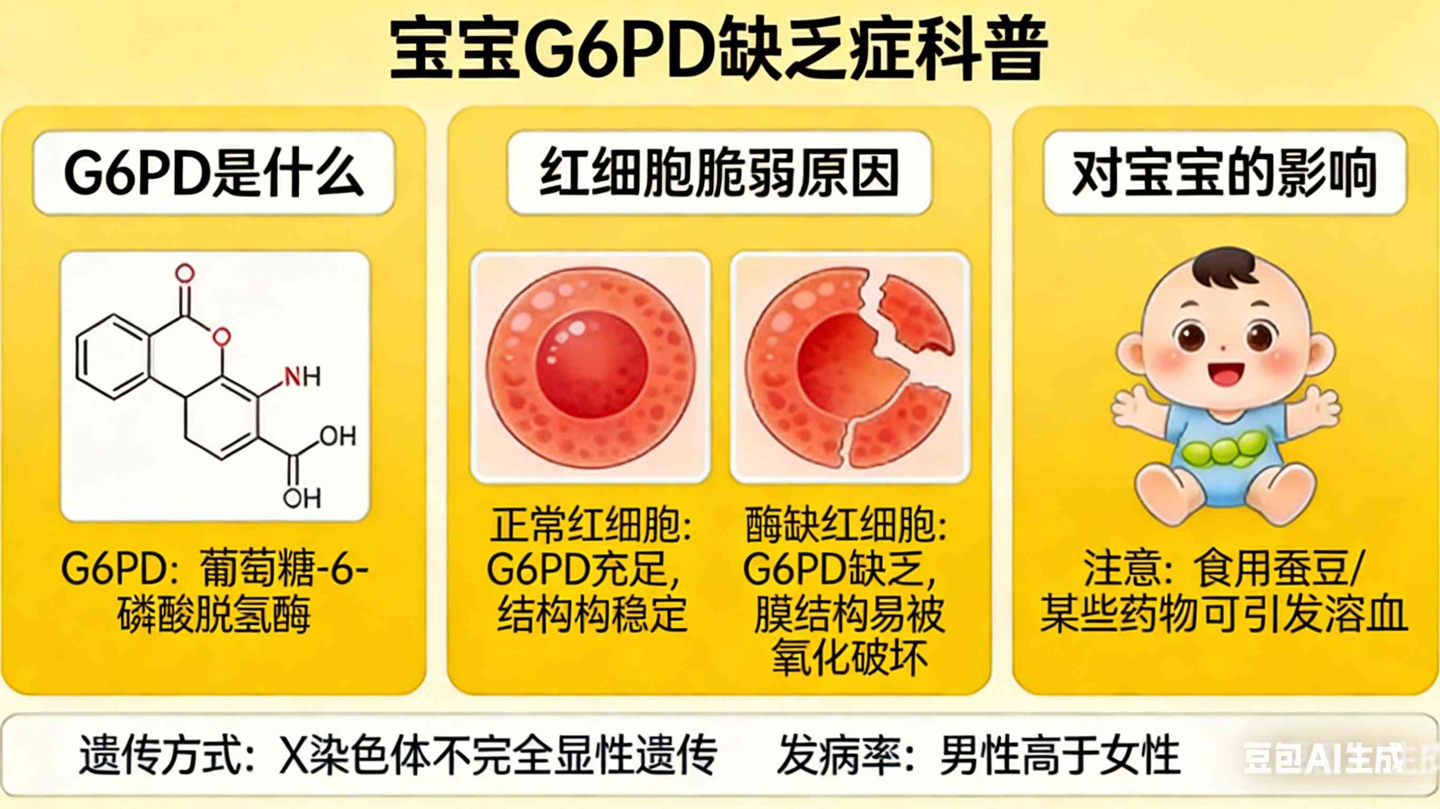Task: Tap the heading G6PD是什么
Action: coord(214,173)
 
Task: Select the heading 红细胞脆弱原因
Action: coord(719,173)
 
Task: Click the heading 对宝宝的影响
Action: coord(1224,173)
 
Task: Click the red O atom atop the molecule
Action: coord(185,274)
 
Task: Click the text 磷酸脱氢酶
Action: coord(214,616)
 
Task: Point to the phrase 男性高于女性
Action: coord(1060,756)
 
